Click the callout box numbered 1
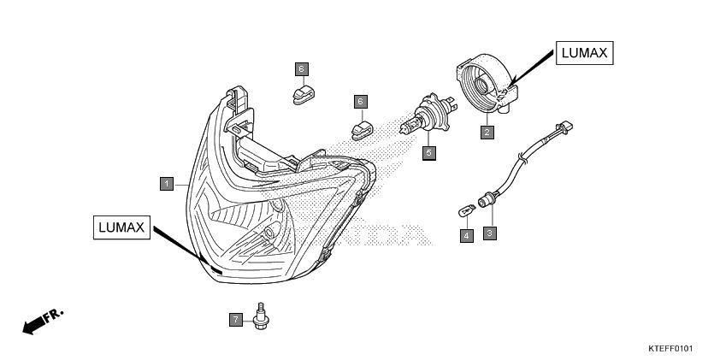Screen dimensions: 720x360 coord(167,184)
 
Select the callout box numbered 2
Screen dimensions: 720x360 coord(487,133)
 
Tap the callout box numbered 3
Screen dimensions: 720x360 coord(489,233)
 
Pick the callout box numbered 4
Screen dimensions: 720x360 coord(467,236)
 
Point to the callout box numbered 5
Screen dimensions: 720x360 coord(429,153)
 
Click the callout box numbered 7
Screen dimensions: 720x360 coord(235,320)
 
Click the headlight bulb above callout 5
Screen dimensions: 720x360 coord(428,114)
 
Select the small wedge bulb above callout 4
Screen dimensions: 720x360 coord(467,212)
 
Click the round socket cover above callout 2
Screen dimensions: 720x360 coord(487,83)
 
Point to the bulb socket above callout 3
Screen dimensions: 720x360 coord(487,201)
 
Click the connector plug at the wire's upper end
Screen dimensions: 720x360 coord(565,127)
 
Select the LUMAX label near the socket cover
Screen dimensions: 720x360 coord(585,53)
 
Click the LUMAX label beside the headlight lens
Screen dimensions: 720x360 coord(121,227)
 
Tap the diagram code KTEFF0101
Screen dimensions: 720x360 coord(670,349)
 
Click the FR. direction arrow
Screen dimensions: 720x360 coord(42,322)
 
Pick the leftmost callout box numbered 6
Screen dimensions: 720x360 coord(302,69)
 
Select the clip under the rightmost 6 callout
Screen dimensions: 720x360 coord(363,130)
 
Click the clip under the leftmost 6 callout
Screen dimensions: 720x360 coord(304,95)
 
